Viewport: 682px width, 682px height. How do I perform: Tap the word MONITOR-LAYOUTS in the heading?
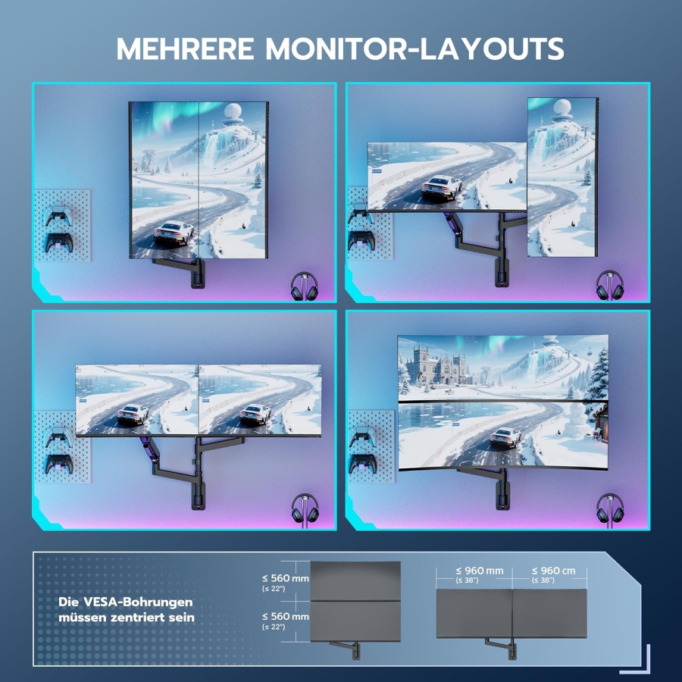pyautogui.click(x=415, y=48)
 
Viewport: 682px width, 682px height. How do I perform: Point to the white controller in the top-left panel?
pyautogui.click(x=58, y=214)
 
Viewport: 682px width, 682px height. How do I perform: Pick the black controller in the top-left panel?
pyautogui.click(x=58, y=242)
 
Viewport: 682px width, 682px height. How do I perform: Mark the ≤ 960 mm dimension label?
pyautogui.click(x=480, y=571)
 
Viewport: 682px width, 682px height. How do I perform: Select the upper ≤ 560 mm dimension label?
pyautogui.click(x=285, y=578)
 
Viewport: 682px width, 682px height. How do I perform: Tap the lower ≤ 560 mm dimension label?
pyautogui.click(x=285, y=617)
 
